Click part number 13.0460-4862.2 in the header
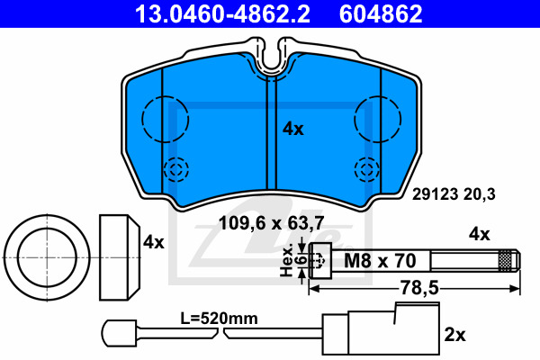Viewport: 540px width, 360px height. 222,13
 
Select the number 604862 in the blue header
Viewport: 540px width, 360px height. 381,13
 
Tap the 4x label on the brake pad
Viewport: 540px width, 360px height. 293,130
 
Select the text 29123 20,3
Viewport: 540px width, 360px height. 454,194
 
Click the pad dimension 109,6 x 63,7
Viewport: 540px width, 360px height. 272,223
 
